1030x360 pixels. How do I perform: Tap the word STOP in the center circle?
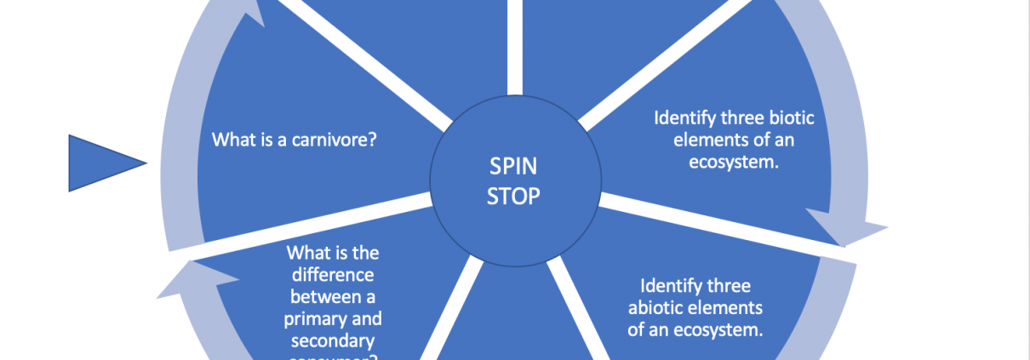point(512,197)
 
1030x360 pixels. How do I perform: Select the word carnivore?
point(335,138)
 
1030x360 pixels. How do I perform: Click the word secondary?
point(332,341)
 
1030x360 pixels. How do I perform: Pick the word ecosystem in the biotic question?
point(734,162)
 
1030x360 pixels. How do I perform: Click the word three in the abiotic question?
point(731,286)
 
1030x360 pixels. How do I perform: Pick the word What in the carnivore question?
point(231,138)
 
